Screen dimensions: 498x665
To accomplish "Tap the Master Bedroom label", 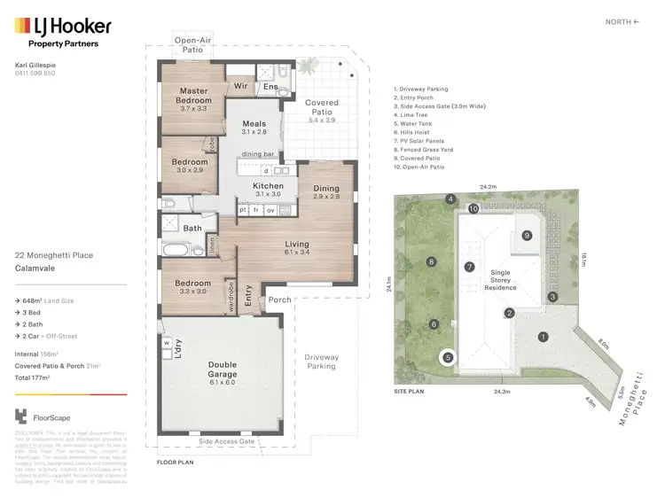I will point(193,96).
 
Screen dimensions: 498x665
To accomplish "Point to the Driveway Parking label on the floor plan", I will point(320,361).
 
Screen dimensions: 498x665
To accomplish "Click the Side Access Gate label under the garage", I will point(227,440).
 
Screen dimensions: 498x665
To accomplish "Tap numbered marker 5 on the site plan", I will point(448,358).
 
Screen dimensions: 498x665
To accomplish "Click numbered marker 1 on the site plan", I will point(543,336).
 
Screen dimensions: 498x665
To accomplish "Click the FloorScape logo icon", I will point(22,415).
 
